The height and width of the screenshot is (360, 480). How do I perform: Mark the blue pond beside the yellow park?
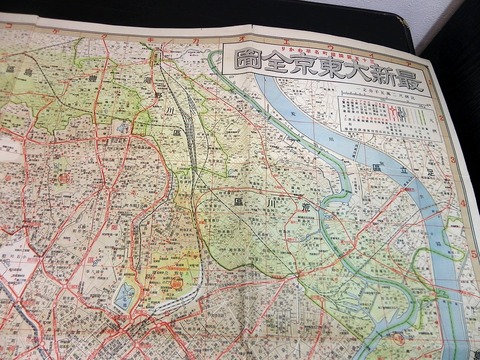tap(126, 296)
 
